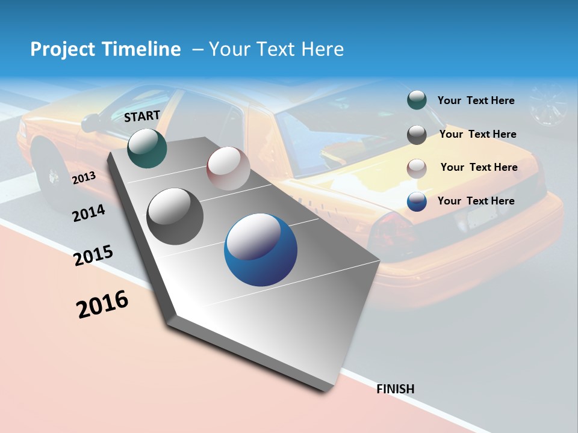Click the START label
(x=142, y=116)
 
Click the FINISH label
(x=396, y=389)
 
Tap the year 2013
(x=84, y=177)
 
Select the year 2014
(x=89, y=213)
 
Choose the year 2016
(x=102, y=304)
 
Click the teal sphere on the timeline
(x=147, y=148)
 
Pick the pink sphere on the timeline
(x=228, y=168)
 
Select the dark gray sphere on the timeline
(x=175, y=216)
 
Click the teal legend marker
(x=417, y=100)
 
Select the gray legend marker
(x=417, y=135)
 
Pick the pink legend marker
(x=417, y=168)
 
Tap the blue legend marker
(x=417, y=201)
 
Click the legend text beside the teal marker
(x=476, y=100)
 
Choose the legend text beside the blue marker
(x=476, y=201)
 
